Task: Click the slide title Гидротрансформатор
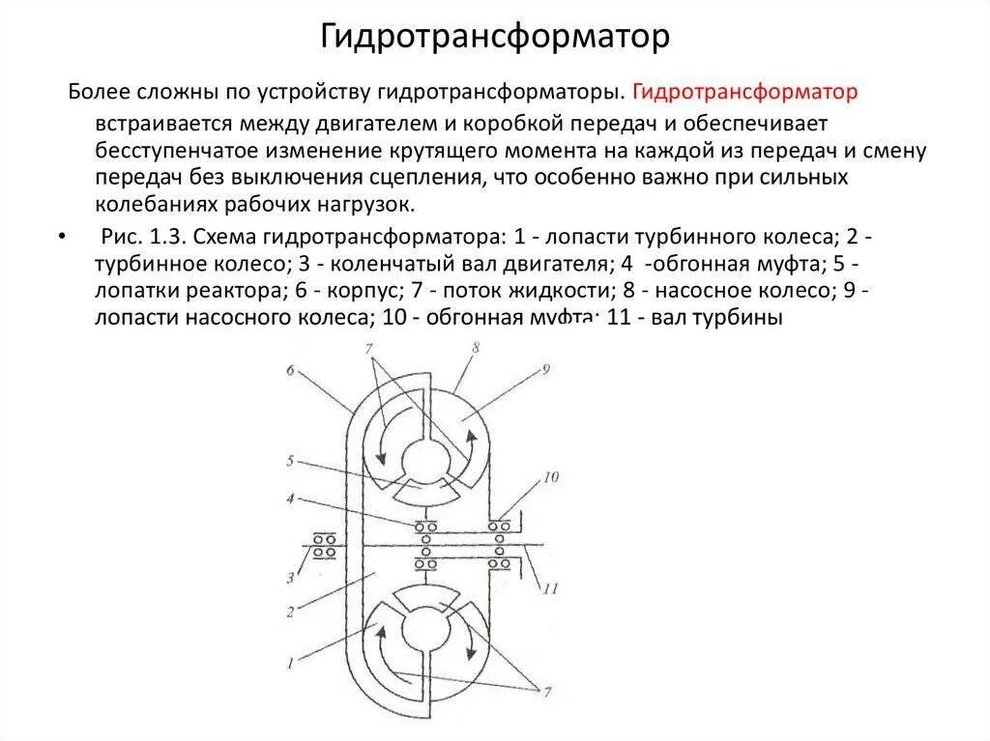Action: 495,38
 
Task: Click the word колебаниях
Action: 152,206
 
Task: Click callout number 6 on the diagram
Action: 290,371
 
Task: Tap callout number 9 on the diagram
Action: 545,368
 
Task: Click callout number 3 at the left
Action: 288,579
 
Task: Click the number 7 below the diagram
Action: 547,691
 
